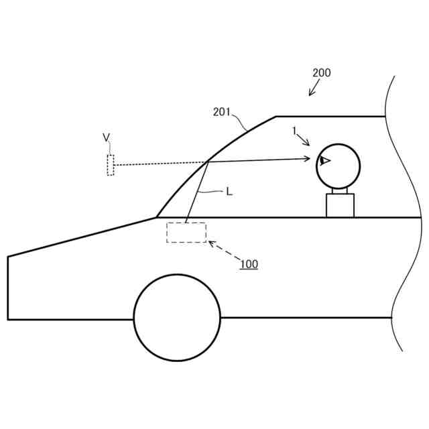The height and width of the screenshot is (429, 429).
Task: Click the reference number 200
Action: coord(321,73)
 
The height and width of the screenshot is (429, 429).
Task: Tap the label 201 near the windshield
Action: coord(222,112)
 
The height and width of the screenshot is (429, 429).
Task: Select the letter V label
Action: coord(106,137)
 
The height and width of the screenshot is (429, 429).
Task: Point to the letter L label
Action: coord(229,192)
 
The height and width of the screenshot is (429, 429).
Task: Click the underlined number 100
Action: coord(249,264)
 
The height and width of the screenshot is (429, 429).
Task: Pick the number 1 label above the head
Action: coord(294,131)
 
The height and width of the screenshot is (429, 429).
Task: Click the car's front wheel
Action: coord(177,317)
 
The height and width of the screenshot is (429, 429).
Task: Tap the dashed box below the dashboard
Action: coord(186,233)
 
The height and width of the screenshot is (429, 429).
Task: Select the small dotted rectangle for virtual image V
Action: coord(111,165)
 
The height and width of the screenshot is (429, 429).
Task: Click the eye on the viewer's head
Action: coord(325,160)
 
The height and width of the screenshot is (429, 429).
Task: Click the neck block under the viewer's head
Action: coord(340,205)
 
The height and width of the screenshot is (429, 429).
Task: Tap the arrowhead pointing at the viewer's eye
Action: coord(307,158)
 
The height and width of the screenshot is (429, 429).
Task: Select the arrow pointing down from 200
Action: coord(314,89)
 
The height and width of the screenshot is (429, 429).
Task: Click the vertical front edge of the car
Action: coord(8,288)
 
